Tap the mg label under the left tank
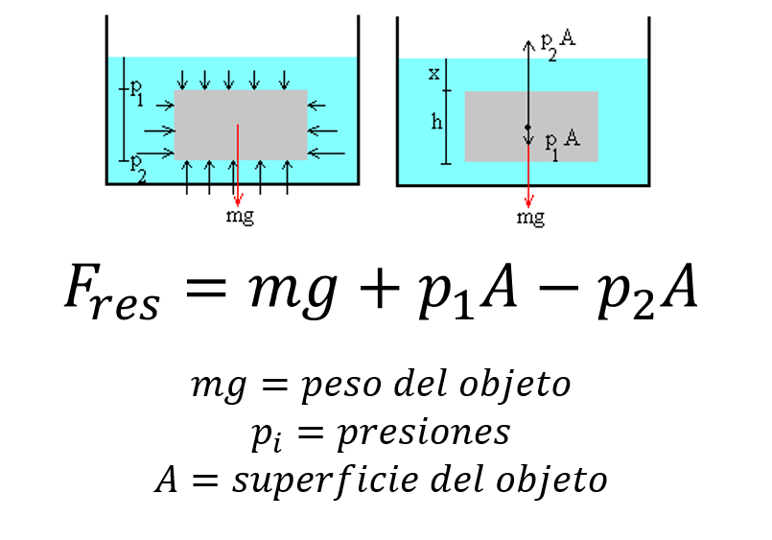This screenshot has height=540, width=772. click(240, 215)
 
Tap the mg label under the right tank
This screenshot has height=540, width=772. click(530, 217)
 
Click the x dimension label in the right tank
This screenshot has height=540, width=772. click(433, 72)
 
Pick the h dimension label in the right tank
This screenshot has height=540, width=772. click(437, 123)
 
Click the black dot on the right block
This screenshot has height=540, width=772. click(527, 127)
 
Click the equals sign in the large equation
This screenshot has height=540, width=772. click(205, 287)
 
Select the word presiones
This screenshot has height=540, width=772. click(422, 433)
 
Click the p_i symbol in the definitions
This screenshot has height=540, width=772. click(267, 435)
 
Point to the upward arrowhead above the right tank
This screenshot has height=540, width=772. click(528, 43)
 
